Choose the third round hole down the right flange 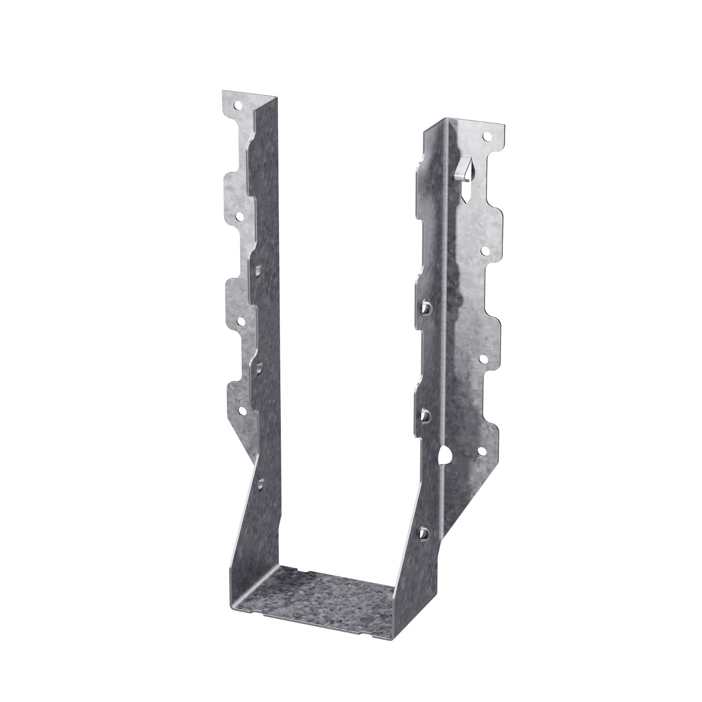point(483,359)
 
